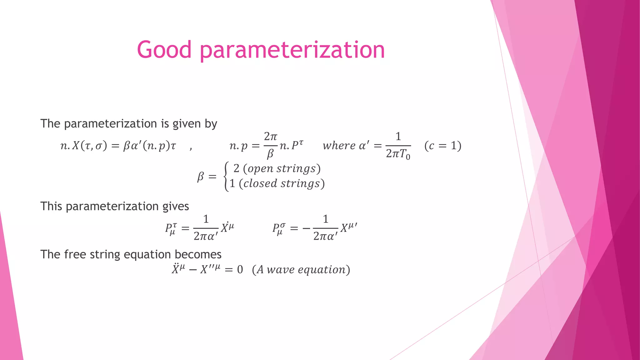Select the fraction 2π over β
(x=270, y=145)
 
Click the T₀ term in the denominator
(x=405, y=154)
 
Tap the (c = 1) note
(x=442, y=146)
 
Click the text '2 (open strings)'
(x=277, y=168)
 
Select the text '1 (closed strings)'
(x=277, y=183)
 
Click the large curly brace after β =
(x=226, y=176)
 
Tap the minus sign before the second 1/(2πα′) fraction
(x=306, y=228)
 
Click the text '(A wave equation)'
(x=301, y=269)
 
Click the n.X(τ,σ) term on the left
(x=83, y=146)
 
